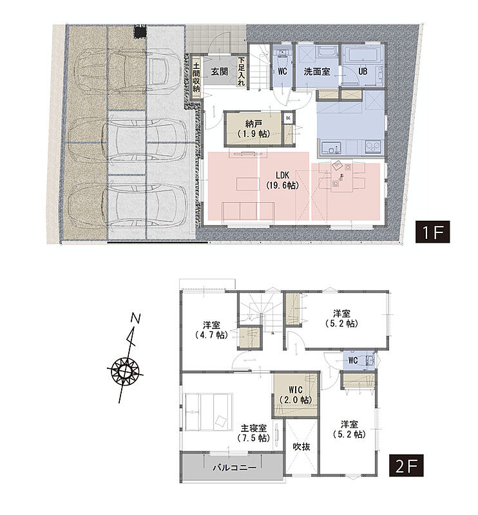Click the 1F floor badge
pos(432,232)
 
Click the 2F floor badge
pos(406,465)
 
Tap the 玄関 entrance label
pos(219,71)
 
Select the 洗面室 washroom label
pos(316,71)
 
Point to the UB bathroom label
pos(363,71)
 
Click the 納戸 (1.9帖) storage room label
pos(253,128)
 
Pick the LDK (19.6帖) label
pos(282,180)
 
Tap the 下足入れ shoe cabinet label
pos(242,71)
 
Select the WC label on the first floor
pos(282,71)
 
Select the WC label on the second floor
pos(353,360)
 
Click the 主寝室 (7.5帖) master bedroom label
pos(253,433)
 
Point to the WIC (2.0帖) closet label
pos(296,395)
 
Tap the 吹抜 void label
pos(301,447)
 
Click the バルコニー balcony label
pos(234,467)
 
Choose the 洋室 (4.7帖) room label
pos(211,330)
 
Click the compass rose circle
pos(125,371)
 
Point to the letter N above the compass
pos(135,318)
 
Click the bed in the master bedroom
pos(209,412)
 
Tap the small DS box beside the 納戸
pos(289,118)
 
